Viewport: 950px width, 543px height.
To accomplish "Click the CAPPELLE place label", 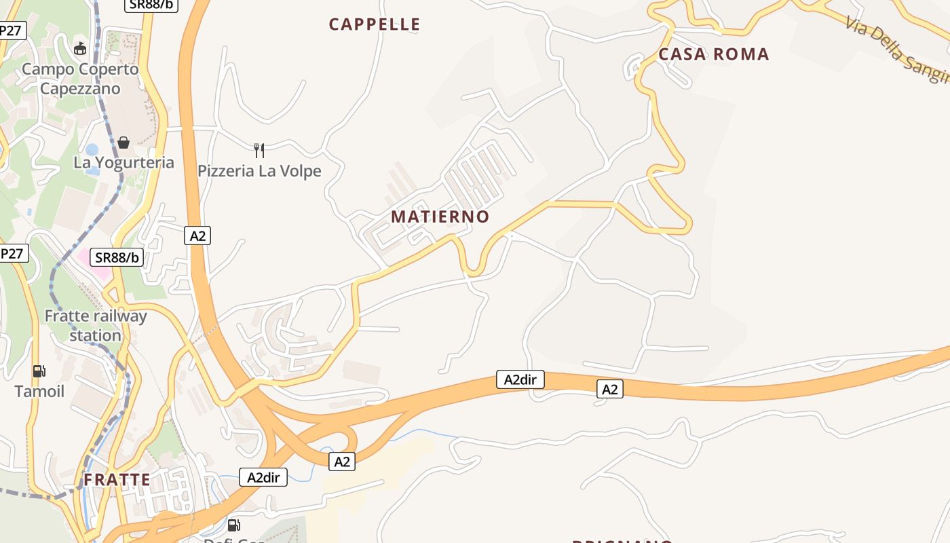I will click(375, 24).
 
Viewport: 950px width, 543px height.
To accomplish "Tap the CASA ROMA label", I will click(714, 54).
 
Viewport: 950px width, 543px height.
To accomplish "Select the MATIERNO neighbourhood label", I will click(440, 217).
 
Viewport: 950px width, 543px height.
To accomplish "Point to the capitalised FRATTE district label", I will click(117, 480).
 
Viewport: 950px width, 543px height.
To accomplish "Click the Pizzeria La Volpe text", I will click(259, 171).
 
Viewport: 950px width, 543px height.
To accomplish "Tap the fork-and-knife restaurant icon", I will click(259, 150).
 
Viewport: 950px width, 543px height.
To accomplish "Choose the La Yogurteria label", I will click(123, 163).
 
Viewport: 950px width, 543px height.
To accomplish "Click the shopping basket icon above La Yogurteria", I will click(123, 143).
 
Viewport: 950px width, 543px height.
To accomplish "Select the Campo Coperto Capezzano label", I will click(80, 79).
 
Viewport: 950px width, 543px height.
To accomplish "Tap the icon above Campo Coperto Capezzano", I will click(80, 49).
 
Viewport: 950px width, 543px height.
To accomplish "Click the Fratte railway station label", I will click(95, 326).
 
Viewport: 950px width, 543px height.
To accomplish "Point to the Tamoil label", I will click(39, 392).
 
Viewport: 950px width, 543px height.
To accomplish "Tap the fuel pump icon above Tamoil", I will click(39, 371).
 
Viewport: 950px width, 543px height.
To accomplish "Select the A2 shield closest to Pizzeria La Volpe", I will click(197, 236).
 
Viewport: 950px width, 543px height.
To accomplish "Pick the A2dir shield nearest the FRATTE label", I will click(263, 477).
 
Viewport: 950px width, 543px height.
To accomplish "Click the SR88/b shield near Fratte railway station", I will click(117, 257).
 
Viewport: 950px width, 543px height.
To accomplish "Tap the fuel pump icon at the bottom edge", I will click(233, 525).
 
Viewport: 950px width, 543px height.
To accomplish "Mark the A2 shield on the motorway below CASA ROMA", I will click(610, 389).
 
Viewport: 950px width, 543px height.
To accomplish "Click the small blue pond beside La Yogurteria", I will click(92, 149).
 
